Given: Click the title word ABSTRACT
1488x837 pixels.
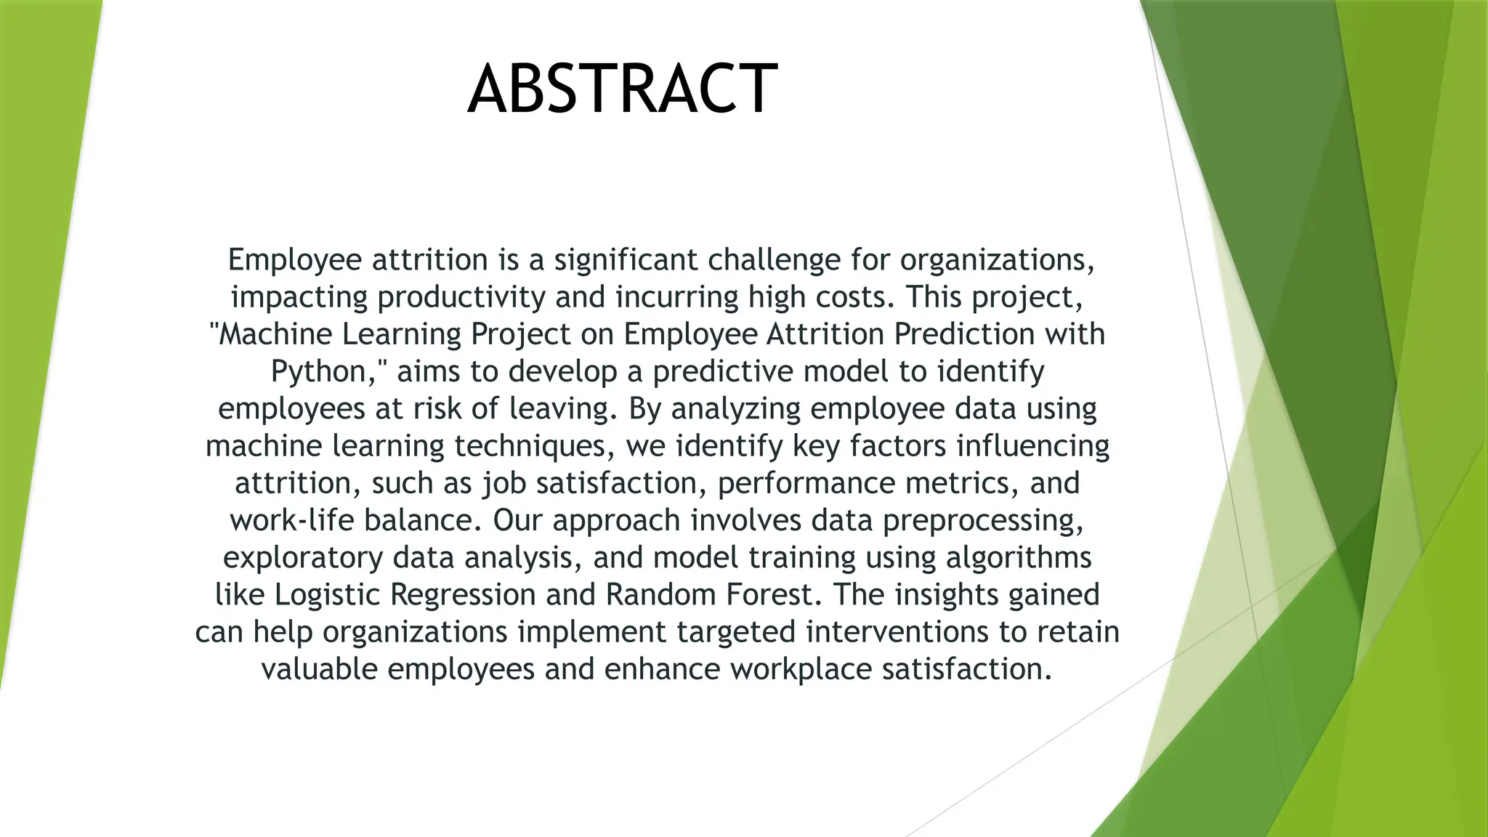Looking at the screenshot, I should point(623,89).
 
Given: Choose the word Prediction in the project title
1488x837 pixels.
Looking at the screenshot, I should point(964,333).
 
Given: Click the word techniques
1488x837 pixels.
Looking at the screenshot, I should point(530,445).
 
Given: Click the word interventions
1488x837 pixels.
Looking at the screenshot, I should point(897,631).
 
